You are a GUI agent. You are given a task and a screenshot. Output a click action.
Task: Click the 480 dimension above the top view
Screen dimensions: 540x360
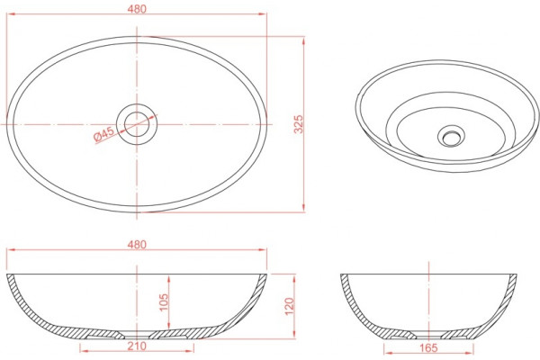[137, 9]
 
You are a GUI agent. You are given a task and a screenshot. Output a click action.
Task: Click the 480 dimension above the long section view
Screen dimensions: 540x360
[137, 244]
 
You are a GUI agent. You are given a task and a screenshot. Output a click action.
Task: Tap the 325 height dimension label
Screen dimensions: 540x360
[298, 124]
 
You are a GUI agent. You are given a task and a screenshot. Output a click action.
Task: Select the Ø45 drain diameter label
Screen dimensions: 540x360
[104, 134]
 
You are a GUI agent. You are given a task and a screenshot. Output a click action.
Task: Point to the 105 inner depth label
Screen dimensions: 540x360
[164, 302]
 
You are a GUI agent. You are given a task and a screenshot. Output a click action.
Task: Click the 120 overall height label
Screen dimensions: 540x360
[289, 306]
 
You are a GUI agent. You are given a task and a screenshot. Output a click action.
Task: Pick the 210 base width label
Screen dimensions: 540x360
[137, 346]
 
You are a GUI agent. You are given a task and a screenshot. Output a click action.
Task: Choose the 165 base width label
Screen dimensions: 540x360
[428, 347]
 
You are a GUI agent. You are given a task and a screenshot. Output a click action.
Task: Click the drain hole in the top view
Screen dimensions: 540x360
[137, 124]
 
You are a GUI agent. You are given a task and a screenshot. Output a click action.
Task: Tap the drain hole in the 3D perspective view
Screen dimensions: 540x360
[451, 138]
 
